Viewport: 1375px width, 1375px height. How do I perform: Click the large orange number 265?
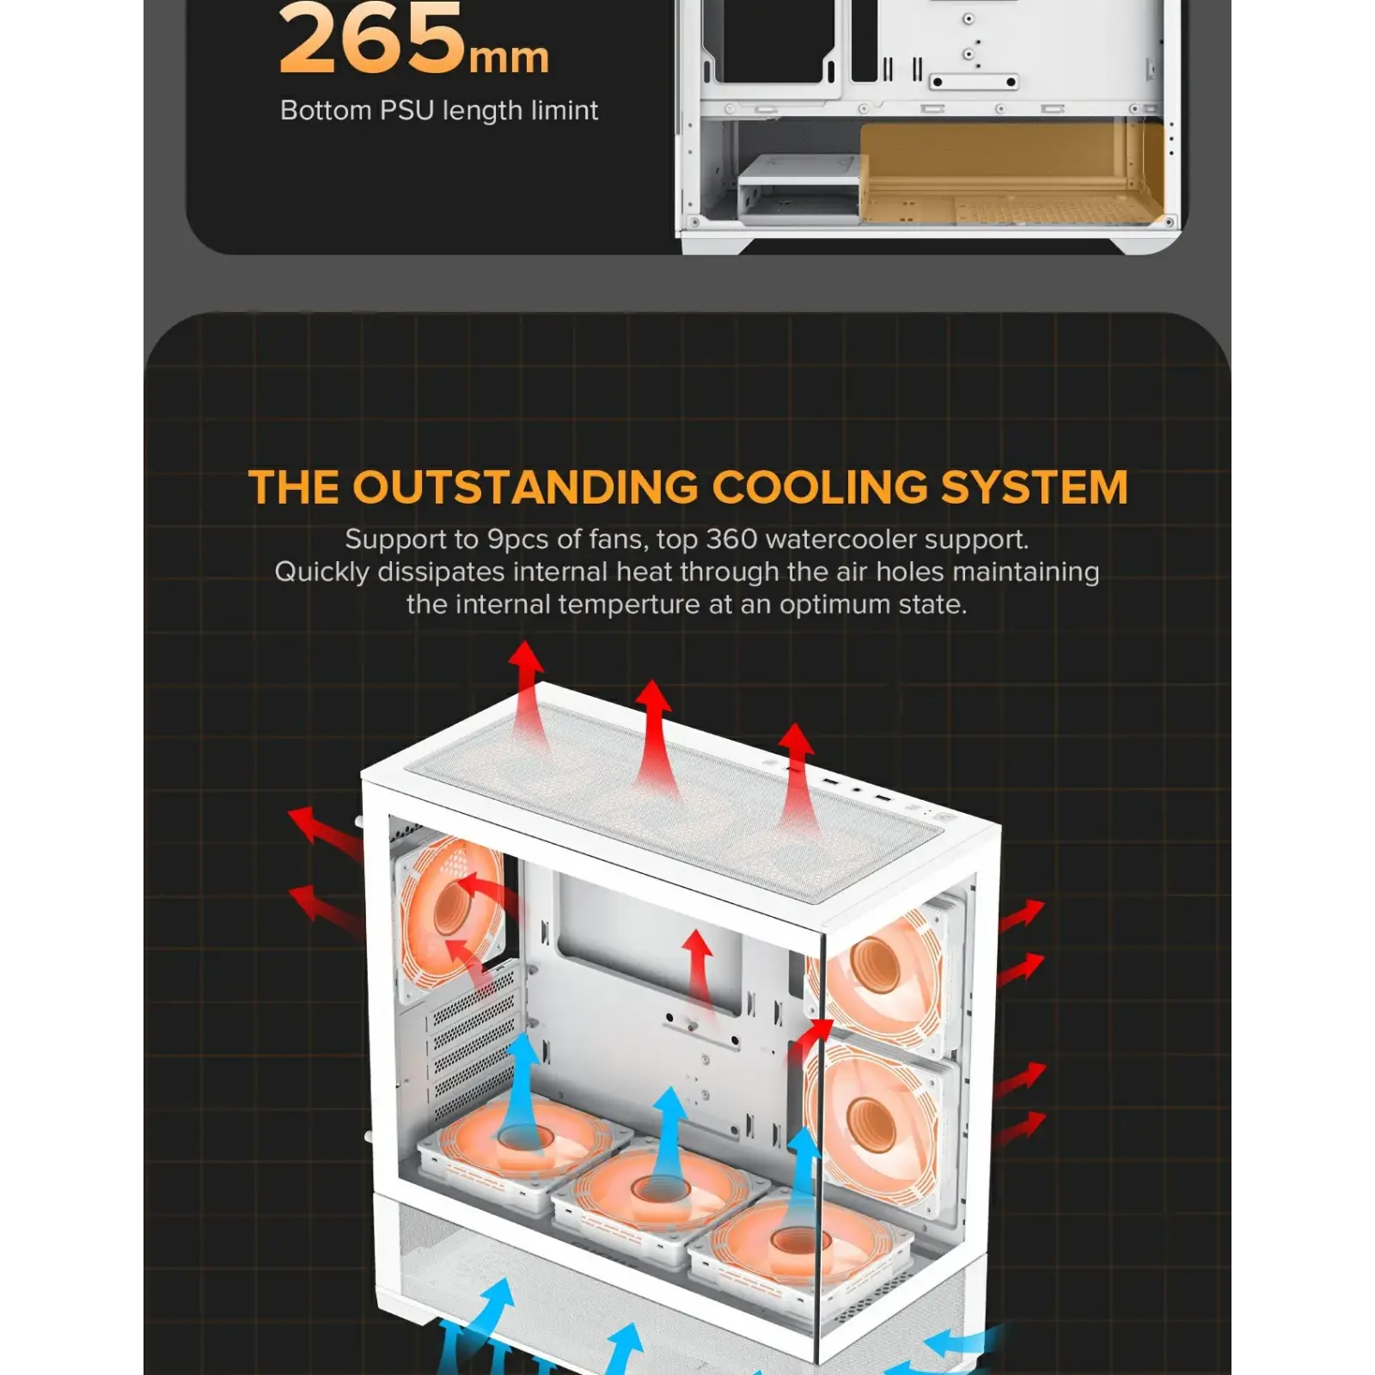[372, 40]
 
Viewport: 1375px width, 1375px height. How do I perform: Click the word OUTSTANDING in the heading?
[526, 487]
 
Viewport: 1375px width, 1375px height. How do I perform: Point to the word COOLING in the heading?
[820, 487]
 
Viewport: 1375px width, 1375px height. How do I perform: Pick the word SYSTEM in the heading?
[1034, 487]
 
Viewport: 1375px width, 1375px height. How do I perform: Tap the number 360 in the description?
[731, 539]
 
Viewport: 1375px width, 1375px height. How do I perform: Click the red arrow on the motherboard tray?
[699, 971]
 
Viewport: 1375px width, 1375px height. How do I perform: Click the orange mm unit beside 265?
[509, 58]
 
